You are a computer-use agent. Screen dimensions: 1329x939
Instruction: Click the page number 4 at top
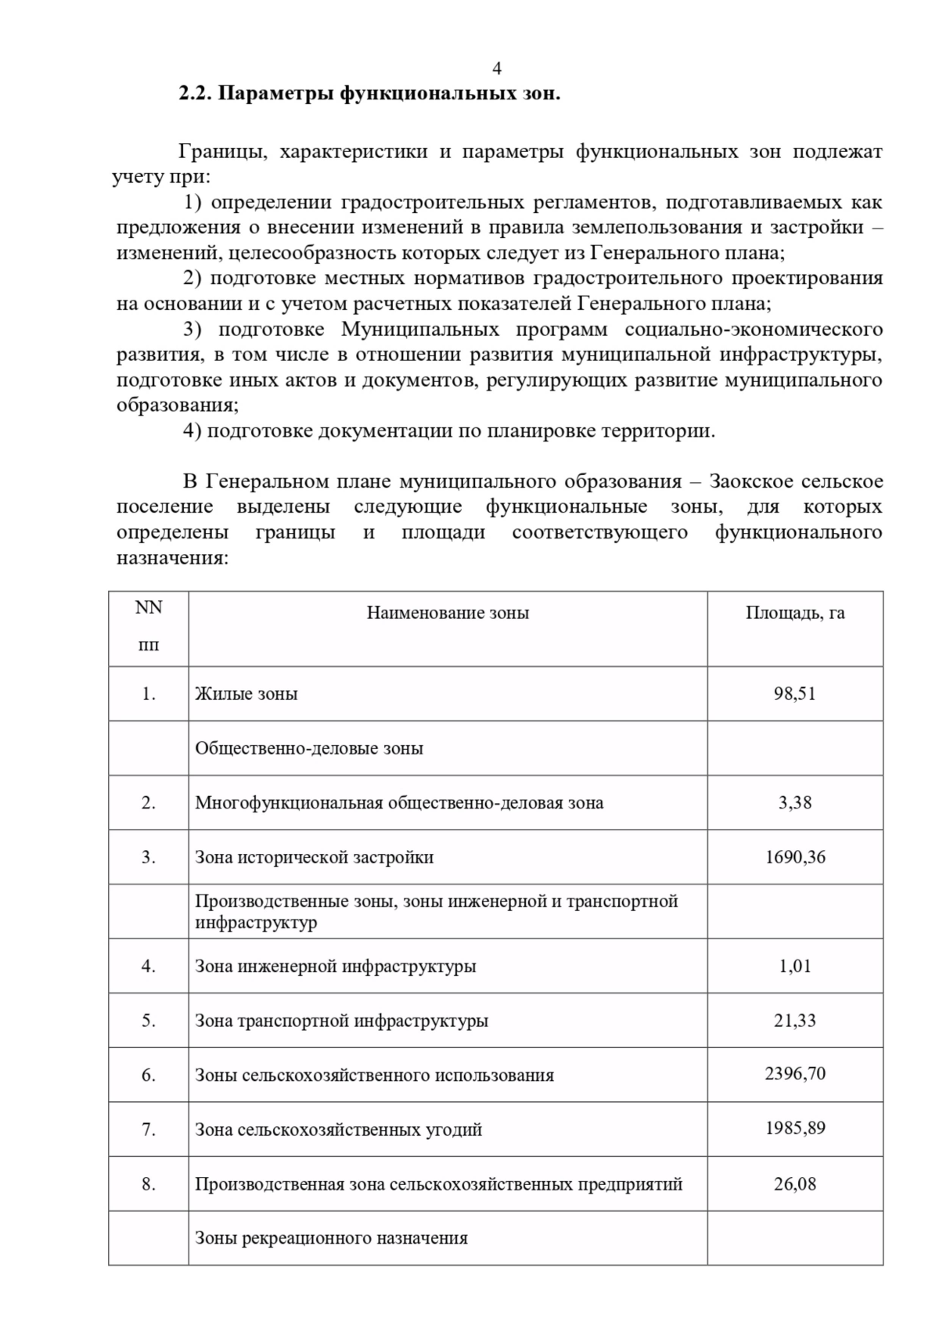coord(496,69)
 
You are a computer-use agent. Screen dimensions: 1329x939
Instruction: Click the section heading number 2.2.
coord(195,94)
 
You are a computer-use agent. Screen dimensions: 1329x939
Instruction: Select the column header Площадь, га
coord(794,613)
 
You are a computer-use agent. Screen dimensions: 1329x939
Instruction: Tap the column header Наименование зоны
coord(448,613)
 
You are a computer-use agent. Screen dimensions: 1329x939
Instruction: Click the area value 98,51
coord(794,693)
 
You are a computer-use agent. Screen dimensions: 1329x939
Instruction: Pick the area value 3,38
coord(794,802)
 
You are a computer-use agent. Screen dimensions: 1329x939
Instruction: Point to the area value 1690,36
coord(794,857)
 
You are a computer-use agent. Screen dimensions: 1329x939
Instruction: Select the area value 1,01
coord(794,966)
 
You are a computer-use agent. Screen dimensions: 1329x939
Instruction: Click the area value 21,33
coord(794,1021)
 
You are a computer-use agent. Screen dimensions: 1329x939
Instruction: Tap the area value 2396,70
coord(794,1074)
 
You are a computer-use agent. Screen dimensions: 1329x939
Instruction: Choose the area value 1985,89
coord(794,1129)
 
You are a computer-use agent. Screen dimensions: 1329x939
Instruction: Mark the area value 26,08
coord(794,1183)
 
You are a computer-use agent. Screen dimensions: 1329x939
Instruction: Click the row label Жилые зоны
coord(246,694)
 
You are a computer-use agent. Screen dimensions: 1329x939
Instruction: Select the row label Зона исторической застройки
coord(314,858)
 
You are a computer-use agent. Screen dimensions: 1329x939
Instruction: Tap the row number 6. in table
coord(149,1075)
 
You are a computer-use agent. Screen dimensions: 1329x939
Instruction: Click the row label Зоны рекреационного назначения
coord(331,1238)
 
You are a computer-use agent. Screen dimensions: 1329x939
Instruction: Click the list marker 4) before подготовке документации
coord(192,431)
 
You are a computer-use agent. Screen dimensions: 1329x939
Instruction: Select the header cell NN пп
coord(149,626)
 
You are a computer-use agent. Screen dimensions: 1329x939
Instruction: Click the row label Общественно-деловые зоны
coord(308,748)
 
